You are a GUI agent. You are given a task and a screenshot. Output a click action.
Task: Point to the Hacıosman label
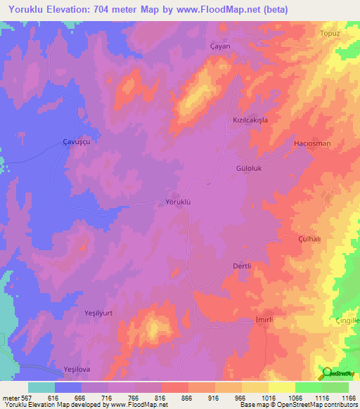coord(311,143)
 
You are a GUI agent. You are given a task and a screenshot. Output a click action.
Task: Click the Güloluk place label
coord(250,169)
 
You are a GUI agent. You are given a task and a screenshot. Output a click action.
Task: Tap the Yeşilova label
coord(77,369)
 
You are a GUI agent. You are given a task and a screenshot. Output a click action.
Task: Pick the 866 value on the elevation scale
coord(186,398)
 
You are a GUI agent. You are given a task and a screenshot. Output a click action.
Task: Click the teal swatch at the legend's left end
coord(41,387)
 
